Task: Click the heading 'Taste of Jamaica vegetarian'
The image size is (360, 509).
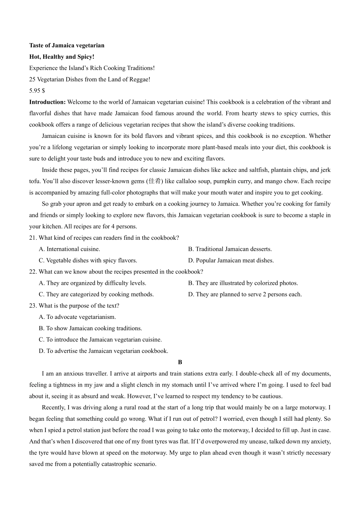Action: pos(67,45)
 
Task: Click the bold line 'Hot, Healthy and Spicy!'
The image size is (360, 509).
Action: pos(62,57)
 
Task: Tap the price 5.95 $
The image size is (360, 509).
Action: pos(37,91)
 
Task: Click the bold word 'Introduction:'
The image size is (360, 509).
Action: pos(47,102)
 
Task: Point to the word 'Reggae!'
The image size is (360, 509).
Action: pos(140,80)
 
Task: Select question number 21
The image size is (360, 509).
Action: pos(33,238)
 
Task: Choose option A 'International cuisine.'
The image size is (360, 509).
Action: pos(69,249)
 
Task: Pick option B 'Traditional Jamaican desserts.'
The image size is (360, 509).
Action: pos(230,249)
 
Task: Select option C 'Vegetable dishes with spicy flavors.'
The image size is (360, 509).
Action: pos(88,261)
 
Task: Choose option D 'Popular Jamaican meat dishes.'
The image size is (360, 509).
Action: pos(231,261)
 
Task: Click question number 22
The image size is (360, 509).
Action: pos(33,272)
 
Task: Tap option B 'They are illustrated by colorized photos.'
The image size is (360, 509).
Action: pos(243,283)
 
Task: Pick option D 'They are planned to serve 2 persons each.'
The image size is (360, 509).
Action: pos(245,295)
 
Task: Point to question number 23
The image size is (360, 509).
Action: pos(33,306)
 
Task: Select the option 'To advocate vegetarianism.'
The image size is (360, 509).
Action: pos(77,317)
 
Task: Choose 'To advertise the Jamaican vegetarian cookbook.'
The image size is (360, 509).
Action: pos(103,351)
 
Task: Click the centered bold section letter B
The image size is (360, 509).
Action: pos(180,362)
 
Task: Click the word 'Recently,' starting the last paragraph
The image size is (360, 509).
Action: pos(53,408)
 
